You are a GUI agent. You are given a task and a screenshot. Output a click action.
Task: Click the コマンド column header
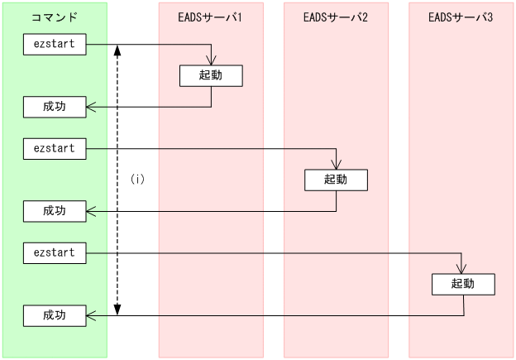click(x=54, y=17)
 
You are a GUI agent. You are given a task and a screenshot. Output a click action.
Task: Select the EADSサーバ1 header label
click(x=211, y=17)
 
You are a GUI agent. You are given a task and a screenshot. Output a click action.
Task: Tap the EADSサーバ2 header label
click(x=336, y=17)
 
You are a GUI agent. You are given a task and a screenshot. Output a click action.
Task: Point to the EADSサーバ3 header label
click(x=461, y=17)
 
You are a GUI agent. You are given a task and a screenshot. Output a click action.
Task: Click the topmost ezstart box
click(x=54, y=45)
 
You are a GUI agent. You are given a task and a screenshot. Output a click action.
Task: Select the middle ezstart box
click(x=54, y=149)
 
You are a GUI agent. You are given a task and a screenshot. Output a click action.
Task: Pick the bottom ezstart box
click(x=54, y=252)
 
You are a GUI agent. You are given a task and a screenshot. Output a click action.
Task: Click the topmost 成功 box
click(x=54, y=107)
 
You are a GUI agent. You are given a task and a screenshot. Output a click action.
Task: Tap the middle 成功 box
click(x=54, y=211)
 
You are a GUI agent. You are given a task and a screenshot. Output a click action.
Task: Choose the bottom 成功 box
click(x=54, y=315)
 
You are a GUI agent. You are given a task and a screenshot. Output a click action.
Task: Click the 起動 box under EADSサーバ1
click(x=211, y=76)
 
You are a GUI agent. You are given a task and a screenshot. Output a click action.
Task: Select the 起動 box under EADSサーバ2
click(x=336, y=180)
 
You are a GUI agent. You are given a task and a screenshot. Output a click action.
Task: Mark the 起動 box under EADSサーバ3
click(x=462, y=284)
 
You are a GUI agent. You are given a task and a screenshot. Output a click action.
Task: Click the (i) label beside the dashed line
click(x=137, y=179)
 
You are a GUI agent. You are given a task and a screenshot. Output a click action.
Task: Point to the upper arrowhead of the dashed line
click(x=117, y=50)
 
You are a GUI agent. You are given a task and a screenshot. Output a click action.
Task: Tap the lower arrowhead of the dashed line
click(x=117, y=310)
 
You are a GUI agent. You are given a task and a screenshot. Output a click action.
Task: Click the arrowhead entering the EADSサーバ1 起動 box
click(x=212, y=61)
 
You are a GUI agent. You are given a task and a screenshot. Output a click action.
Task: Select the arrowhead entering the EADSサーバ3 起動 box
click(x=462, y=269)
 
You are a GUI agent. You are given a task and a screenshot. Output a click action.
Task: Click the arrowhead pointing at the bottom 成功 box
click(x=92, y=314)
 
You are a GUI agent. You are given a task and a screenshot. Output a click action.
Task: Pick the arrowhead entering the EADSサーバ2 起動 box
click(x=337, y=165)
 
